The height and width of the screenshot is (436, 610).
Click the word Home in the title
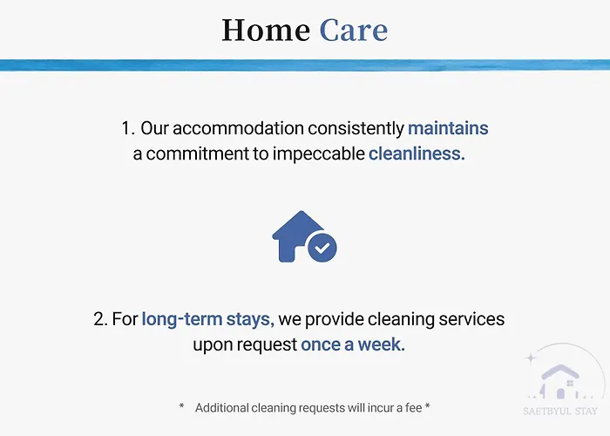(x=266, y=30)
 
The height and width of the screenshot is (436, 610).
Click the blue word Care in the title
(x=354, y=30)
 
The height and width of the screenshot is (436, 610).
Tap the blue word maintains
(x=448, y=128)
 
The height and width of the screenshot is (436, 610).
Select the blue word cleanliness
(x=417, y=153)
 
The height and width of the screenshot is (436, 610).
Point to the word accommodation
(x=238, y=128)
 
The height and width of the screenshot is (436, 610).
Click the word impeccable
(x=319, y=154)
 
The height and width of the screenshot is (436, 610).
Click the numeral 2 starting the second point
(x=99, y=319)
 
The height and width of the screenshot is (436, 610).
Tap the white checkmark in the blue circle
(x=322, y=248)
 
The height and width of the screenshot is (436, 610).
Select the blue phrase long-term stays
(x=207, y=320)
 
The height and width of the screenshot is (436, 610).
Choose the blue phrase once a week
(x=353, y=344)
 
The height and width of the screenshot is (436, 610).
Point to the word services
(x=471, y=319)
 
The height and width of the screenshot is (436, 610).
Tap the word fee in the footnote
(x=414, y=407)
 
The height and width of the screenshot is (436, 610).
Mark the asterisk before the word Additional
(x=181, y=406)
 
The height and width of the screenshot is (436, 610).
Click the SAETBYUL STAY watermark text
(x=559, y=411)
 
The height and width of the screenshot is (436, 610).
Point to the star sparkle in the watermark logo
(x=531, y=358)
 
